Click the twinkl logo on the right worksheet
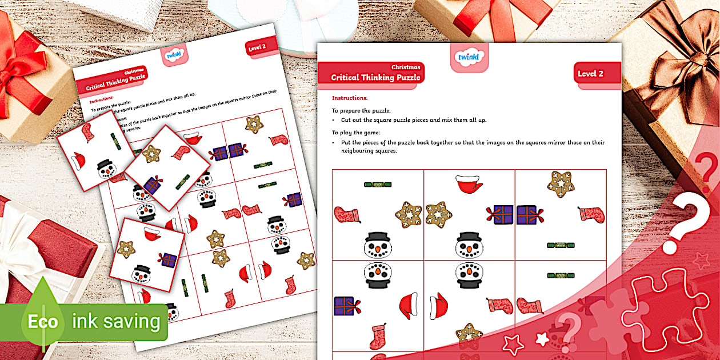(470, 57)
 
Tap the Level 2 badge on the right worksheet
(590, 73)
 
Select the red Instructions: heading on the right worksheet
(350, 98)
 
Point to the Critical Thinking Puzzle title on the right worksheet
(375, 77)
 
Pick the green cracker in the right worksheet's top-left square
(378, 184)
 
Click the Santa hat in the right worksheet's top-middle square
(469, 184)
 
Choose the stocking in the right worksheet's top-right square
(591, 215)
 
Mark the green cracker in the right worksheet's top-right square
(561, 245)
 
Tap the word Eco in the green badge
(43, 322)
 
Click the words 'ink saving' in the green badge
(116, 321)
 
